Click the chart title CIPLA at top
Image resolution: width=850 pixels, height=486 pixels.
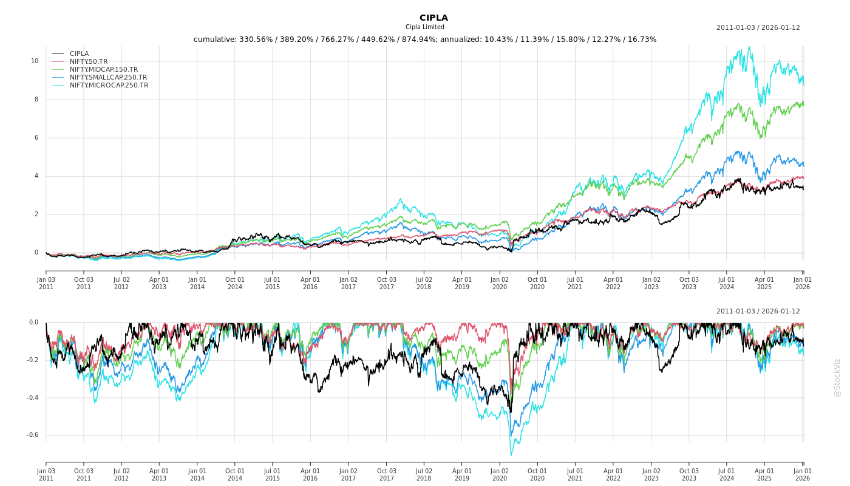click(433, 18)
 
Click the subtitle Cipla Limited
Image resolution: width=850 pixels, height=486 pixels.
click(425, 27)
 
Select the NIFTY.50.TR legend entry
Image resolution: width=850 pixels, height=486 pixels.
click(88, 61)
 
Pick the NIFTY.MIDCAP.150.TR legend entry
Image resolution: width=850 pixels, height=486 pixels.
click(103, 69)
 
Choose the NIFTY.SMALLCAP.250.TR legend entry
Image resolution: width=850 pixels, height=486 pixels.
click(108, 77)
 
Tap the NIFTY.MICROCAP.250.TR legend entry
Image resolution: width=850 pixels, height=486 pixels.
click(109, 85)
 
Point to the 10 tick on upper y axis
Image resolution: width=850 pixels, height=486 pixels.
click(35, 61)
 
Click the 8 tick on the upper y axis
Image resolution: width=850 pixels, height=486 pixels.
click(36, 99)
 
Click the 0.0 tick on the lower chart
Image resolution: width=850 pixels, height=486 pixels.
click(33, 323)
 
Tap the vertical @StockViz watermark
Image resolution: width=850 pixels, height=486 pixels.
click(837, 377)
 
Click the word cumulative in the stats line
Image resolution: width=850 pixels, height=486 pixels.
click(213, 39)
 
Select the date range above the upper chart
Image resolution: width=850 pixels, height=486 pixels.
click(758, 27)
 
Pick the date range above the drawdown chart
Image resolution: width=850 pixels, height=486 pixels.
click(758, 311)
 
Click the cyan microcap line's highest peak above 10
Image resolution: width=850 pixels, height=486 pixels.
click(749, 46)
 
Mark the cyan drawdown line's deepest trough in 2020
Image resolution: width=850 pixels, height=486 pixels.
click(511, 455)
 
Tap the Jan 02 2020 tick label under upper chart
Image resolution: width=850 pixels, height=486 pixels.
click(500, 282)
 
